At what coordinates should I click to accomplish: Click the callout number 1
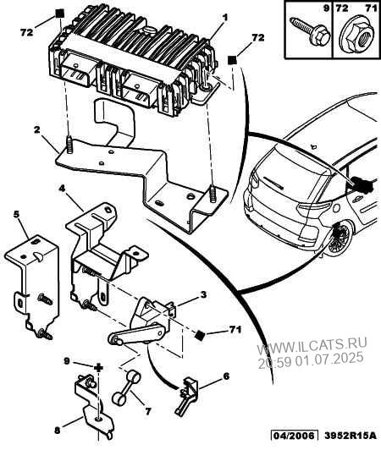pyautogui.click(x=225, y=18)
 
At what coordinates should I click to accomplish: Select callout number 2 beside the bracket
pyautogui.click(x=36, y=129)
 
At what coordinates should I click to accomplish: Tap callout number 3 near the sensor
pyautogui.click(x=203, y=294)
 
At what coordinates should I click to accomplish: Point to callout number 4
pyautogui.click(x=61, y=189)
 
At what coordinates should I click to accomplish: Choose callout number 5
pyautogui.click(x=17, y=214)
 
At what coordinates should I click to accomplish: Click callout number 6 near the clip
pyautogui.click(x=226, y=376)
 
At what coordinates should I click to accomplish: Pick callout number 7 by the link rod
pyautogui.click(x=147, y=411)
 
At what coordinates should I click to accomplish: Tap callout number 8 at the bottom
pyautogui.click(x=58, y=431)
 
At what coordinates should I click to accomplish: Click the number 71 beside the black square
pyautogui.click(x=235, y=330)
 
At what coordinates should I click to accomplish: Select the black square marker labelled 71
pyautogui.click(x=200, y=335)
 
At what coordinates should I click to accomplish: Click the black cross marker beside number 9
pyautogui.click(x=98, y=368)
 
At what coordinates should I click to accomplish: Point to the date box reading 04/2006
pyautogui.click(x=294, y=435)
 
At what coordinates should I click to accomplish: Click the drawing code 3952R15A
pyautogui.click(x=351, y=436)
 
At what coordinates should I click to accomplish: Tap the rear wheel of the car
pyautogui.click(x=340, y=238)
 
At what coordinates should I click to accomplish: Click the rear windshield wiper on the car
pyautogui.click(x=273, y=183)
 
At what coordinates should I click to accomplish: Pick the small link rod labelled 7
pyautogui.click(x=127, y=387)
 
